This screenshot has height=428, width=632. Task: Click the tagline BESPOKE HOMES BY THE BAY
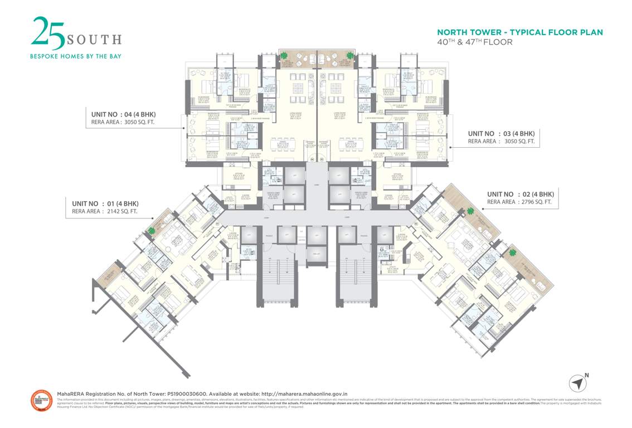click(x=75, y=56)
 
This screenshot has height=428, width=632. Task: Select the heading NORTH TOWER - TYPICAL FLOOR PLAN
click(x=519, y=32)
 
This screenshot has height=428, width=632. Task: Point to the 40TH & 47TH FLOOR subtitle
click(x=474, y=42)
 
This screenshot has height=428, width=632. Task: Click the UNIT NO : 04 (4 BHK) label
click(x=123, y=115)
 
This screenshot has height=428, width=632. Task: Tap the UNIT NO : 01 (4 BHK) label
click(x=105, y=203)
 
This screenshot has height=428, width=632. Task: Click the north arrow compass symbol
click(x=578, y=383)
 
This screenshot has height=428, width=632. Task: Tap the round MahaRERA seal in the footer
click(x=41, y=401)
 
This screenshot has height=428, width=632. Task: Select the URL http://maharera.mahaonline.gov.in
click(x=304, y=393)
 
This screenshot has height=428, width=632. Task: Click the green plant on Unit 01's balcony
click(x=152, y=229)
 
